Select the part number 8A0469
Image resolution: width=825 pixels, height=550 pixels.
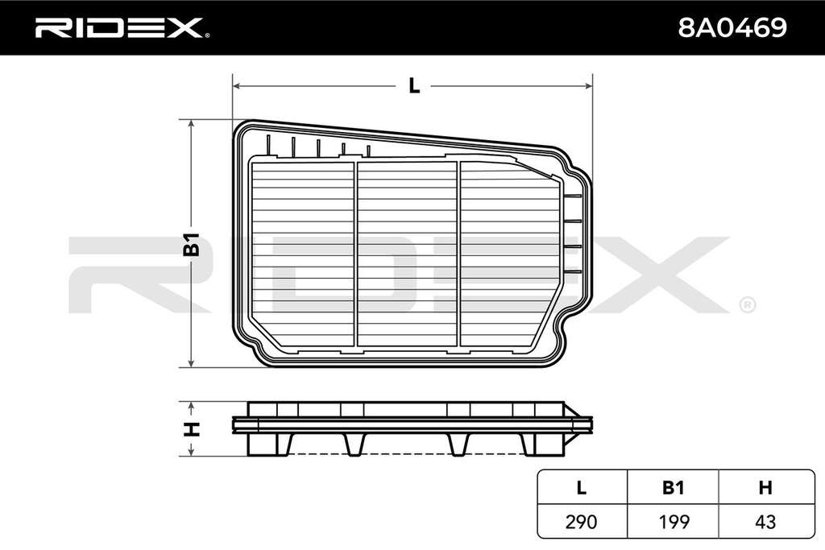click(732, 27)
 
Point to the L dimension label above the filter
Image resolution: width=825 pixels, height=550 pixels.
click(415, 85)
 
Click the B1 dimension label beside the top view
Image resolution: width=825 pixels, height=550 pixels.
click(192, 244)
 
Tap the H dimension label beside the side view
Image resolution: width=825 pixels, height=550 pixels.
click(192, 429)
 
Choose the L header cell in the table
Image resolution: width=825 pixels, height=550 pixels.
click(582, 488)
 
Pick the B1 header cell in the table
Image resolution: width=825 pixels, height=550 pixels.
click(673, 488)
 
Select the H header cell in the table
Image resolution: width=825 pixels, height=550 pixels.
click(765, 488)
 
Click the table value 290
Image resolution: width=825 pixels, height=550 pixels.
click(581, 522)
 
